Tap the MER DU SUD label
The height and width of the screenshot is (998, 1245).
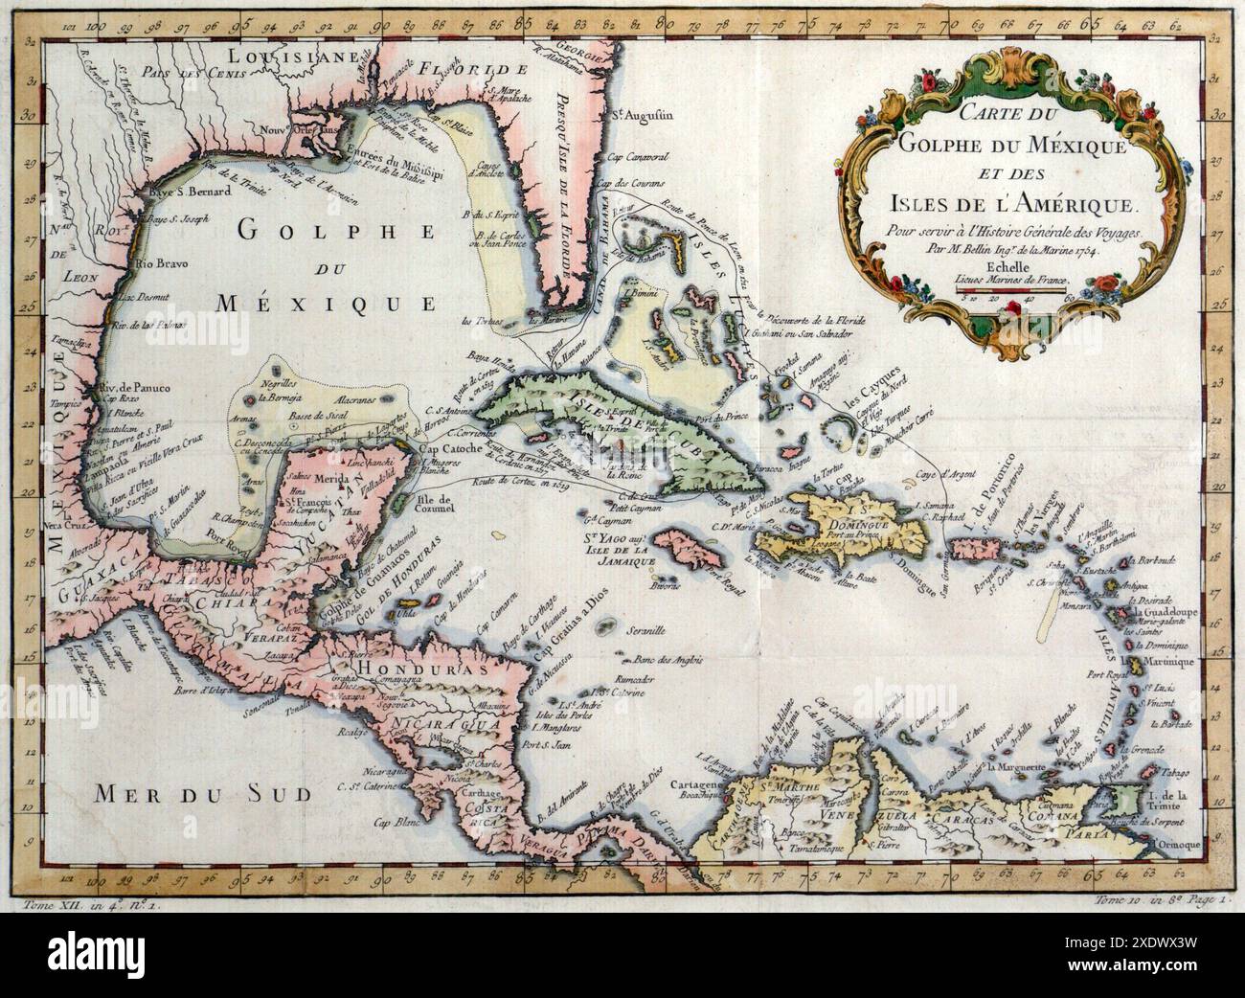click(x=203, y=794)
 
